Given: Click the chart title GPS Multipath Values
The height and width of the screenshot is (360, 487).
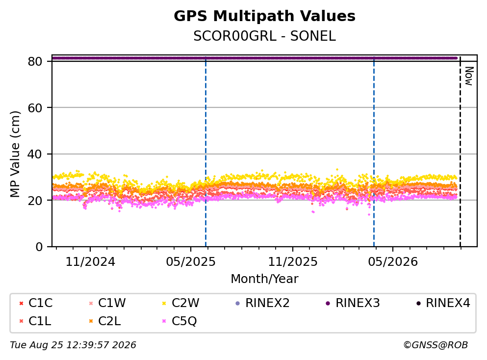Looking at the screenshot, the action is point(264,16).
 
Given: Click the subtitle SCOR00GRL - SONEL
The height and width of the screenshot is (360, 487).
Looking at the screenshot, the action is point(264,36).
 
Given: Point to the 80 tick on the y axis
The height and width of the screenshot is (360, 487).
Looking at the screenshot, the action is point(35,61).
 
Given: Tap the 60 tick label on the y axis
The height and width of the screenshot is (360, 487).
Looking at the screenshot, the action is point(35,108).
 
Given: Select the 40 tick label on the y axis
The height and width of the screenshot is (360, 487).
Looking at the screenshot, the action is point(35,154).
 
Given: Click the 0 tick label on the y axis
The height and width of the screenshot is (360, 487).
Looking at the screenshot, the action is point(39,247).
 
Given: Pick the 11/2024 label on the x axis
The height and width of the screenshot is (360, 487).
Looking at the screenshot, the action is point(90,262).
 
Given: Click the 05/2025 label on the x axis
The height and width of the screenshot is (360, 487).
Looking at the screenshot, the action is point(190,262).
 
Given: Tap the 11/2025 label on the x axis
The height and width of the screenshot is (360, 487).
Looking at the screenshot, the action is point(293,262).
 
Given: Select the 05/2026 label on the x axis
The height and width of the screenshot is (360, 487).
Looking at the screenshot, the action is point(393,262).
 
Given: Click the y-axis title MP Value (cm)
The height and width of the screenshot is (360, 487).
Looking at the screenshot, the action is point(15,154).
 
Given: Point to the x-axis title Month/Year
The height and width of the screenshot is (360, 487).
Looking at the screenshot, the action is point(264,279).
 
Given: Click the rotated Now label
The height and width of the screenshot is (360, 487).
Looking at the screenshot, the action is point(469,76).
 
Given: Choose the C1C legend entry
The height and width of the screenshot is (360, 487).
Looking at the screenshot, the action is point(36,303).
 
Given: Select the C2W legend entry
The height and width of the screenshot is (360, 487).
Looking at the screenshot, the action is point(181,303).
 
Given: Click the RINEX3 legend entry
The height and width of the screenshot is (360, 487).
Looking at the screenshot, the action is point(353,303).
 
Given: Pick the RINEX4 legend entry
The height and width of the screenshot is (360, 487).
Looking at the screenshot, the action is point(443,303).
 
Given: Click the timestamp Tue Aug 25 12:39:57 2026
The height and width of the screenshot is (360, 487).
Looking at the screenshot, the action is point(73,345).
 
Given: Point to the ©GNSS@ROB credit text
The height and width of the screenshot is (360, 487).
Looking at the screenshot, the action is point(436,345).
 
